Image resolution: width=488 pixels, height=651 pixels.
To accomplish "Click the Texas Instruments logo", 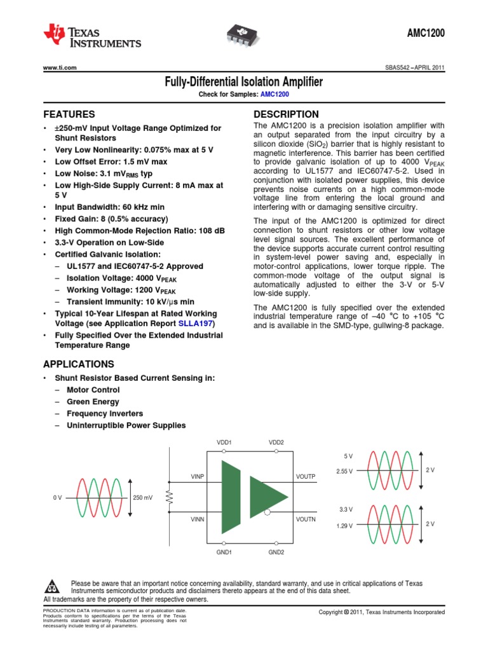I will pyautogui.click(x=91, y=38).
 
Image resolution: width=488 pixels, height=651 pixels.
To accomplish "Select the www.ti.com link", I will pyautogui.click(x=60, y=68).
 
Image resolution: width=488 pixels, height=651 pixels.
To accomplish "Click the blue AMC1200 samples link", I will pyautogui.click(x=274, y=94).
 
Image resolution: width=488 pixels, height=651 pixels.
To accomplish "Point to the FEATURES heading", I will pyautogui.click(x=69, y=114).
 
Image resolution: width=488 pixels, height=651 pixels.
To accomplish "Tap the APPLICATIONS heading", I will pyautogui.click(x=78, y=364).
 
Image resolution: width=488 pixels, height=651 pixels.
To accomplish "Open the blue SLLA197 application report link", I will pyautogui.click(x=196, y=324).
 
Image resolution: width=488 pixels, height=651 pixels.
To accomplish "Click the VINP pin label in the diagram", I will pyautogui.click(x=198, y=476).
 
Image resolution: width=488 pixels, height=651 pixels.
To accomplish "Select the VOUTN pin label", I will pyautogui.click(x=306, y=519).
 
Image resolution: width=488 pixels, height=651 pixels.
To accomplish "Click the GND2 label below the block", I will pyautogui.click(x=276, y=552).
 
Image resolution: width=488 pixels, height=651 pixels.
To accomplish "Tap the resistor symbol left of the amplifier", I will pyautogui.click(x=170, y=495).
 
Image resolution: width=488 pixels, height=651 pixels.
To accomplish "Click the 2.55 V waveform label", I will pyautogui.click(x=344, y=471).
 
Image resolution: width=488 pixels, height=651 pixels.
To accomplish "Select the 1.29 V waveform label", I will pyautogui.click(x=344, y=526).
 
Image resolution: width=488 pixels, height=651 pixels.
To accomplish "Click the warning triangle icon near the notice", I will pyautogui.click(x=54, y=586).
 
